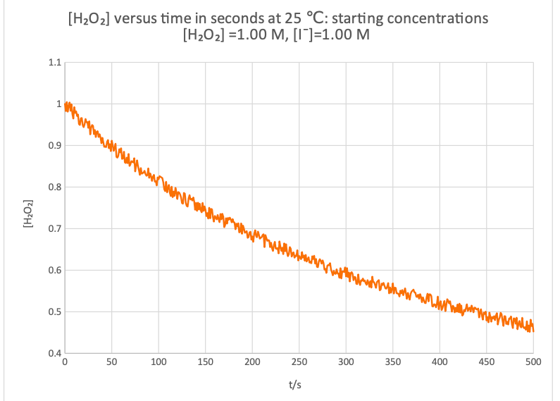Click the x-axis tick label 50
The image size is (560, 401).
pyautogui.click(x=111, y=362)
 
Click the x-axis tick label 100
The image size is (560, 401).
pyautogui.click(x=158, y=362)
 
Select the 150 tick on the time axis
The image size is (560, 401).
pyautogui.click(x=205, y=362)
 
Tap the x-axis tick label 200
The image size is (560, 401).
pyautogui.click(x=252, y=362)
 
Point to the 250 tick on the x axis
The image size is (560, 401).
pyautogui.click(x=299, y=362)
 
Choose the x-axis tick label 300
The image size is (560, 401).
pyautogui.click(x=346, y=362)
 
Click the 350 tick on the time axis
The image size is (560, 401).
pyautogui.click(x=393, y=362)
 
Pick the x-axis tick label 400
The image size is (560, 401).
pyautogui.click(x=440, y=362)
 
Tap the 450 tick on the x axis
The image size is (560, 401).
pyautogui.click(x=487, y=362)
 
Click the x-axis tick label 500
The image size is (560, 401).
pyautogui.click(x=533, y=362)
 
